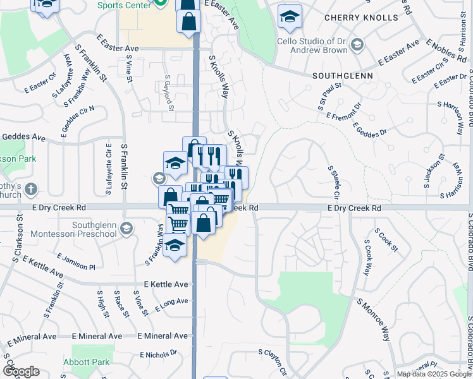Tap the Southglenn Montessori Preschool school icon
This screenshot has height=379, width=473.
126,229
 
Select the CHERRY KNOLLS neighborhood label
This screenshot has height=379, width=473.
353,18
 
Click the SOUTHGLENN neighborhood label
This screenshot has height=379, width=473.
342,75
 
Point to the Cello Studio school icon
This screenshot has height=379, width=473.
357,44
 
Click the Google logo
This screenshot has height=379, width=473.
21,371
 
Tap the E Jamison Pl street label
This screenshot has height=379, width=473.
75,262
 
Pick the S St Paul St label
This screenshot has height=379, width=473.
331,94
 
